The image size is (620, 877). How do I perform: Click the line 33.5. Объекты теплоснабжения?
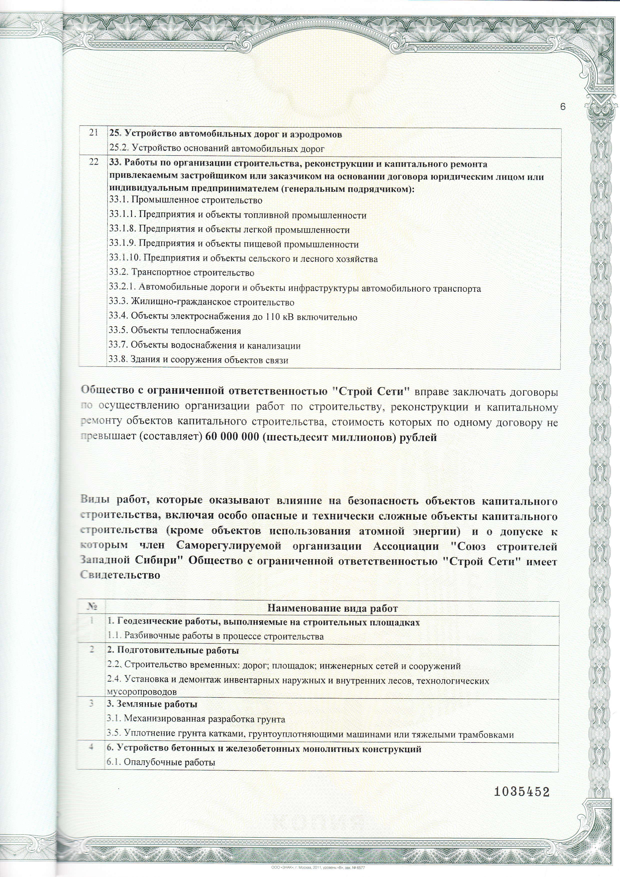coord(175,331)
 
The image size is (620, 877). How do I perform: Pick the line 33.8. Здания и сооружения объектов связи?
coord(198,360)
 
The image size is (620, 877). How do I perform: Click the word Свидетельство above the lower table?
coord(120,575)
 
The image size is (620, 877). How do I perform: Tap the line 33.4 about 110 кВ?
coord(233,317)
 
